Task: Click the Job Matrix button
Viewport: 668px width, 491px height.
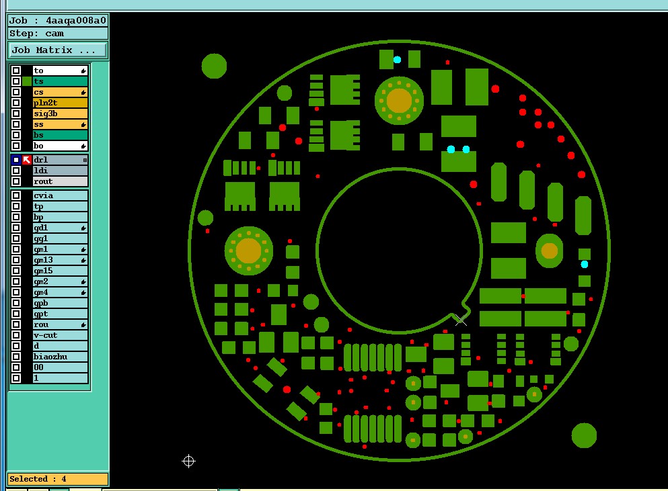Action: coord(57,50)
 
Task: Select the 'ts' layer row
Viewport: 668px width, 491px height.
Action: coord(60,81)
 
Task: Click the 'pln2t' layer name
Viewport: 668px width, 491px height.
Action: coord(45,103)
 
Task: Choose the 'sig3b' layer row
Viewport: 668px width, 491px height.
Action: coord(60,114)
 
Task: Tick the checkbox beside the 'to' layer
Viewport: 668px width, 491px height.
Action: coord(16,71)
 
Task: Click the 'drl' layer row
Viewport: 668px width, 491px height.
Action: coord(60,160)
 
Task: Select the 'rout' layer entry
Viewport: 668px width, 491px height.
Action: coord(60,181)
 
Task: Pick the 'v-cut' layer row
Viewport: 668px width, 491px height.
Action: coord(60,335)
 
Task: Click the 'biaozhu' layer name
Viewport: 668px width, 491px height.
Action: coord(50,357)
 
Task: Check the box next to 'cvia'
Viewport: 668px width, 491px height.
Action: coord(16,195)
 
